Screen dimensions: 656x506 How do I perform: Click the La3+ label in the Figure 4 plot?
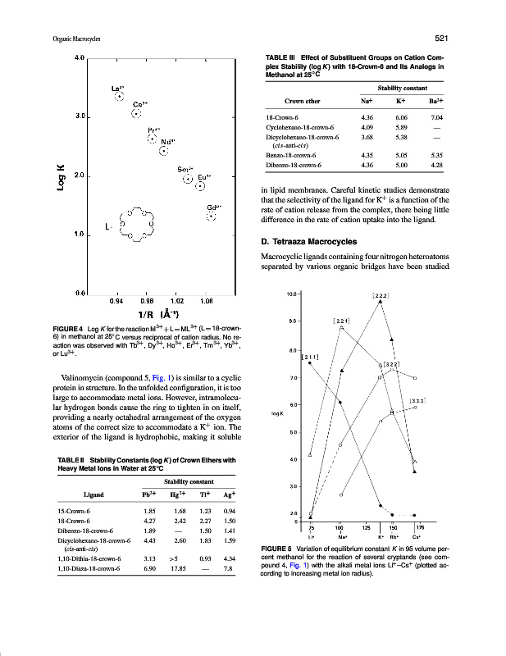click(118, 87)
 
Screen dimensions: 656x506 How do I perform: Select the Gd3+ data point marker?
click(212, 216)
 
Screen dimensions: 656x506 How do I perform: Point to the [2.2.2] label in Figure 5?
click(381, 294)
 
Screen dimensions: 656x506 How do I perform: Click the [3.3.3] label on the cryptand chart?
click(418, 399)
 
